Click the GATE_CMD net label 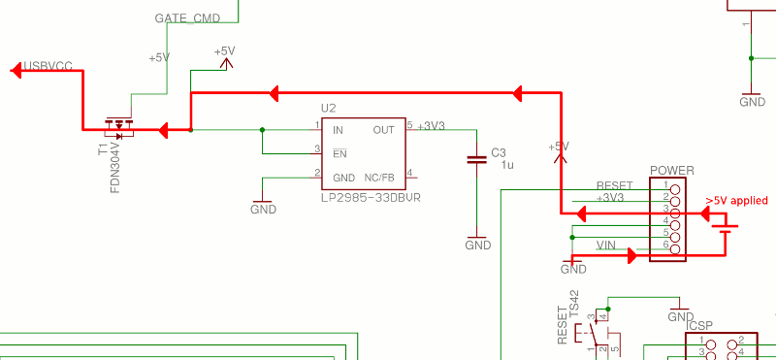186,18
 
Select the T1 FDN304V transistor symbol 120,126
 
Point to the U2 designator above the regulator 328,108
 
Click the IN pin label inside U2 338,129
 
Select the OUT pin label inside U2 383,129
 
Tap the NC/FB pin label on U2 378,178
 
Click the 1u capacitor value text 506,165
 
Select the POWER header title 671,171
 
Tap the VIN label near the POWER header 606,246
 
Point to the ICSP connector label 698,326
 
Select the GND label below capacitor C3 477,245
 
